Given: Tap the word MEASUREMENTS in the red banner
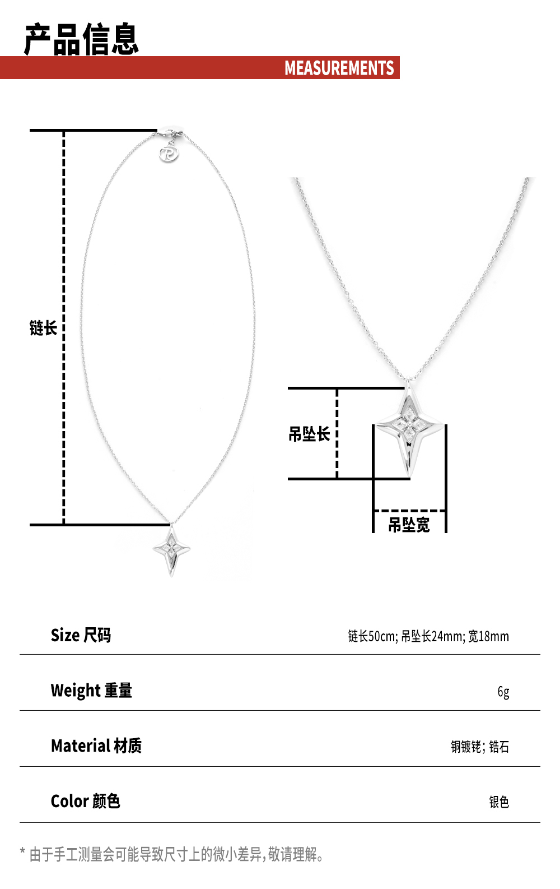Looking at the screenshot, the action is pos(339,68).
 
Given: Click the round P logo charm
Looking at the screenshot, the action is pos(169,154).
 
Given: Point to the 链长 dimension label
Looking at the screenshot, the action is pos(43,328).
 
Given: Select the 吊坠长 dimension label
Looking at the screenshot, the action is pos(309,434).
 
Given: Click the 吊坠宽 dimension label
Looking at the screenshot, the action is pos(409,525).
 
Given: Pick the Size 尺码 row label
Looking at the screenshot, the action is pos(81,636).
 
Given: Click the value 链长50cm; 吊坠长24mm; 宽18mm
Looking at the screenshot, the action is pos(428,636).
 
